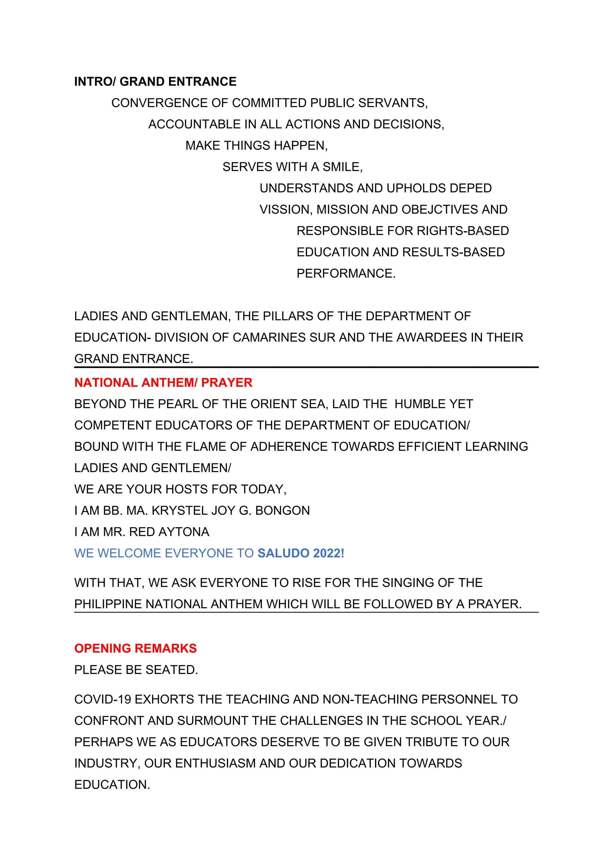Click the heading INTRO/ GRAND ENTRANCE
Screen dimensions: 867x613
click(x=155, y=81)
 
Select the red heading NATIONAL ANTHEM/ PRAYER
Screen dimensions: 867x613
click(x=163, y=383)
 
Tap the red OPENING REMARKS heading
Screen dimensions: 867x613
click(x=135, y=648)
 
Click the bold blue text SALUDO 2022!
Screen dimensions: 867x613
click(x=301, y=553)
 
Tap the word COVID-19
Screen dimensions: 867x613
click(x=102, y=699)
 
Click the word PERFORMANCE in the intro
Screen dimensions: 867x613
click(x=345, y=273)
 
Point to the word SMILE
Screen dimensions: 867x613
click(x=342, y=167)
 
